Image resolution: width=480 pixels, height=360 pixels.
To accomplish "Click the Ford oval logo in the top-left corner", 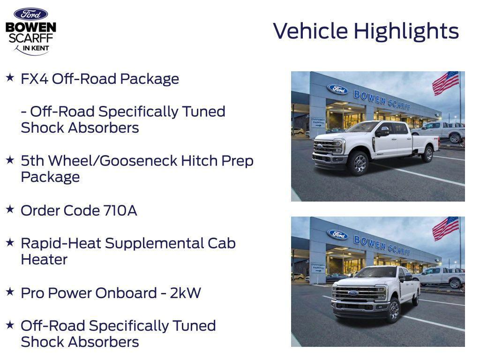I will coord(30,14).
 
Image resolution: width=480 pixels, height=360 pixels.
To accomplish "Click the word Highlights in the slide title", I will coord(406,31).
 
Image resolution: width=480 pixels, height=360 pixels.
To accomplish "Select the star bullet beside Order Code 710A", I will coord(10,210).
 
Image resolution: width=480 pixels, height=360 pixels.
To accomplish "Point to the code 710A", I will coord(120,210).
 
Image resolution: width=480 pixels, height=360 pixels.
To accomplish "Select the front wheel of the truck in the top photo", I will coord(358,163).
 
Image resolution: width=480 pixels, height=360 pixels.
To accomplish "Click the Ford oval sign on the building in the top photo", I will coord(337,89).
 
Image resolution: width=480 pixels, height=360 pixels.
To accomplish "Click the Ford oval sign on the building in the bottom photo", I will coord(337,234).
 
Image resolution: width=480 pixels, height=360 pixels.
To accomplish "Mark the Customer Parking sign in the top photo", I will coord(317,122).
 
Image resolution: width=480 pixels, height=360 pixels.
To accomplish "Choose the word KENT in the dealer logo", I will coord(40,48).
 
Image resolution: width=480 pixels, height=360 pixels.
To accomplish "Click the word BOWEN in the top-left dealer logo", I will coord(30,27).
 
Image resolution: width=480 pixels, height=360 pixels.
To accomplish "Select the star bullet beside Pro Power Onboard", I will coord(10,292).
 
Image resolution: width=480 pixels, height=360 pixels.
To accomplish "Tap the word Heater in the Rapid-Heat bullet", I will coord(44,260).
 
